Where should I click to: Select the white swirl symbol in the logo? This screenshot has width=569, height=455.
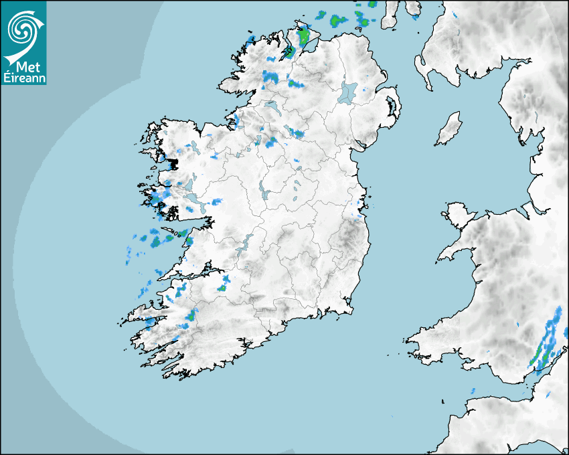22,29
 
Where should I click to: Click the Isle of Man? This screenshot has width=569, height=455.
449,128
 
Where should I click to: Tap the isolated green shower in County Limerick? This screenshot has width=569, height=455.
221,288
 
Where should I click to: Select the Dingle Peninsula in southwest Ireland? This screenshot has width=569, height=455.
144,314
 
